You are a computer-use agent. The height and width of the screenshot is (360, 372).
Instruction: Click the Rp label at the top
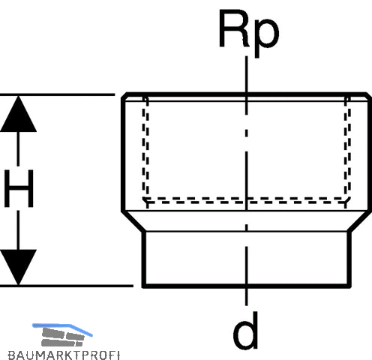click(249, 32)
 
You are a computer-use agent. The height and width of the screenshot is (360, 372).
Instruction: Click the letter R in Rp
click(235, 28)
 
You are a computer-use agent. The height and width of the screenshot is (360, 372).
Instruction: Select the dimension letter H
click(19, 188)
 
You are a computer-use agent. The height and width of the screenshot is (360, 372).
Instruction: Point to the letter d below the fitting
click(245, 331)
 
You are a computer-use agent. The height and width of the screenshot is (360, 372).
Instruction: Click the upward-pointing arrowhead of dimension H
click(18, 114)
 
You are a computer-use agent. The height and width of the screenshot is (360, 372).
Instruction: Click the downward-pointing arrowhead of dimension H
click(18, 267)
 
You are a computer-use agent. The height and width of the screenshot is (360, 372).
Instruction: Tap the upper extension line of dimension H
click(57, 94)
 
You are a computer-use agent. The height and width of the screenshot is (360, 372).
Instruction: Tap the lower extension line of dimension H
click(67, 286)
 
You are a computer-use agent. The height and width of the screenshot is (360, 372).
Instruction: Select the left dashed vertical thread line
click(145, 150)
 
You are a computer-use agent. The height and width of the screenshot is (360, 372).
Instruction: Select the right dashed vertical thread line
click(347, 150)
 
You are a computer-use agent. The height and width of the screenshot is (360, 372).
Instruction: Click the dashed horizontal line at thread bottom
click(247, 200)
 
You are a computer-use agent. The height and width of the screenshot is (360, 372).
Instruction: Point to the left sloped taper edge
click(132, 221)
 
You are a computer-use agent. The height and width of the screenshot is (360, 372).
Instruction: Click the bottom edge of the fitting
click(247, 286)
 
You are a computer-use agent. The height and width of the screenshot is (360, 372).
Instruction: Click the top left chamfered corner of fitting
click(124, 95)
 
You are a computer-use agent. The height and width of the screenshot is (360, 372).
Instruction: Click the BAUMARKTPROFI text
click(64, 355)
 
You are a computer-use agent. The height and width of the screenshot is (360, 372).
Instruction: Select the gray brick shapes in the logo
click(63, 337)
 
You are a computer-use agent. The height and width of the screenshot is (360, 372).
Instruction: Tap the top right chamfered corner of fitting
click(368, 95)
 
